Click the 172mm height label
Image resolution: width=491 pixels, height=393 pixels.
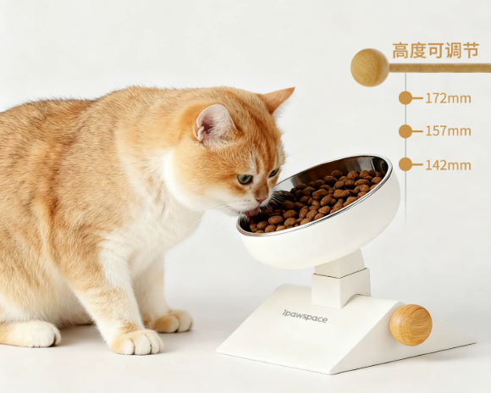click(448, 98)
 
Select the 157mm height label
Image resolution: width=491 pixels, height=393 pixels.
click(448, 131)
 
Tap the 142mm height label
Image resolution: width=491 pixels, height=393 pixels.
click(448, 165)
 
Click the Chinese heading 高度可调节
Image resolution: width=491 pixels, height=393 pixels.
click(436, 51)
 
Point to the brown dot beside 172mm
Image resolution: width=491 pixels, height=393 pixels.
click(405, 98)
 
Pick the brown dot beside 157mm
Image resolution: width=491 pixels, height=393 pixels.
click(405, 131)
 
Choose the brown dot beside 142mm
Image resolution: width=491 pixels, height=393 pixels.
click(405, 164)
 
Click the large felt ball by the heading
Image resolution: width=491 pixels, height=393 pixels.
click(370, 68)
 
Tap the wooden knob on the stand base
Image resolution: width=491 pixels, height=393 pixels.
click(411, 325)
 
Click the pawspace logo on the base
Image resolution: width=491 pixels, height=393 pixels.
click(305, 316)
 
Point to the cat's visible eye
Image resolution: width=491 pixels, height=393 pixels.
click(245, 179)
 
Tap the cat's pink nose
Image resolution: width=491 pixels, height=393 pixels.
click(262, 199)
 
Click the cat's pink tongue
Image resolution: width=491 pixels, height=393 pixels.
click(253, 213)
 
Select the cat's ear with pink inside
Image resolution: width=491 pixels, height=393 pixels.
click(213, 124)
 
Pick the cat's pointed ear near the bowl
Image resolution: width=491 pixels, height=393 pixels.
click(278, 98)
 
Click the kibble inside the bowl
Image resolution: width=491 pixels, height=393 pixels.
click(317, 201)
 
